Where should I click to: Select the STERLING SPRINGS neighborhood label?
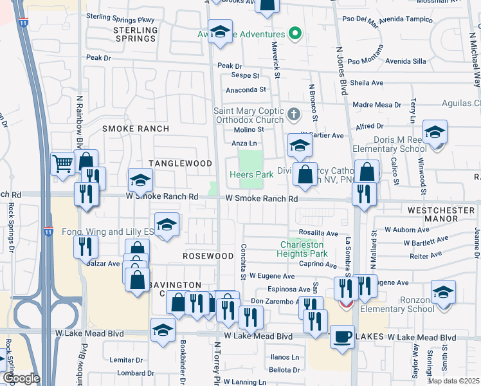135,34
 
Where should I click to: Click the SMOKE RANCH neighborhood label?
136,129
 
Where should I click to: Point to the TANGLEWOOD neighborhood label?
181,163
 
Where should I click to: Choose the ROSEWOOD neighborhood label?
208,256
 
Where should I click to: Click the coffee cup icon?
342,335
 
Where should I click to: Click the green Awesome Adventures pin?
295,34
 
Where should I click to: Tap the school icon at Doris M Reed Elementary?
435,133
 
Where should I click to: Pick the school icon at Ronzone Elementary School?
443,291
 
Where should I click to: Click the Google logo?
21,378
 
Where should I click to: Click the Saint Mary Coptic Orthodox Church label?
248,115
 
